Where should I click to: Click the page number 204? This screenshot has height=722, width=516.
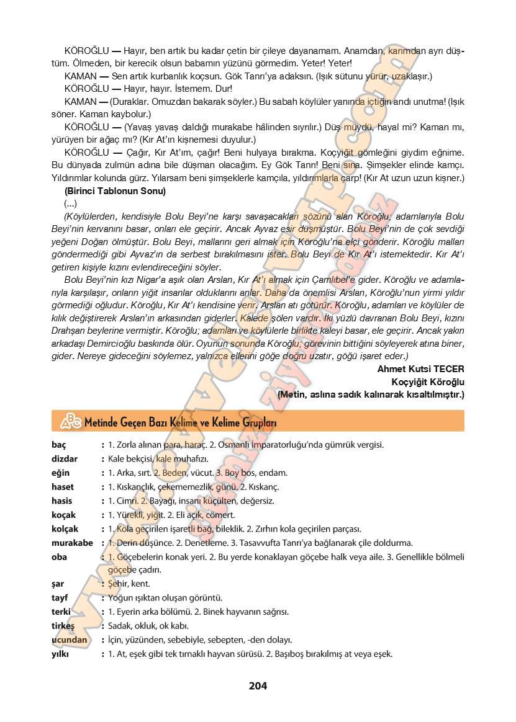click(x=258, y=685)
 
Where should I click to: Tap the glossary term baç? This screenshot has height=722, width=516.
click(x=59, y=445)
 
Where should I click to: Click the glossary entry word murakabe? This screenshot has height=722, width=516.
click(x=72, y=543)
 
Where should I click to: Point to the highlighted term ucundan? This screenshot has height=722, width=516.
click(x=70, y=640)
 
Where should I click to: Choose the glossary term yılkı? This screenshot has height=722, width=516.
click(x=60, y=654)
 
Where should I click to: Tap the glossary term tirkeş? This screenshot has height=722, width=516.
click(x=63, y=626)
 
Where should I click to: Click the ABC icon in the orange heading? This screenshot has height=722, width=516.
click(x=71, y=422)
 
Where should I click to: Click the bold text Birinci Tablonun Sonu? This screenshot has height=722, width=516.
click(x=115, y=191)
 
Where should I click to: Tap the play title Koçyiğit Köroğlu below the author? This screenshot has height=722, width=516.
click(x=428, y=381)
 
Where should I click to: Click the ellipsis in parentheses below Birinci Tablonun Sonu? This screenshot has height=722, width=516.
click(x=70, y=203)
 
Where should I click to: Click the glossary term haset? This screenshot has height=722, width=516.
click(x=63, y=487)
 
